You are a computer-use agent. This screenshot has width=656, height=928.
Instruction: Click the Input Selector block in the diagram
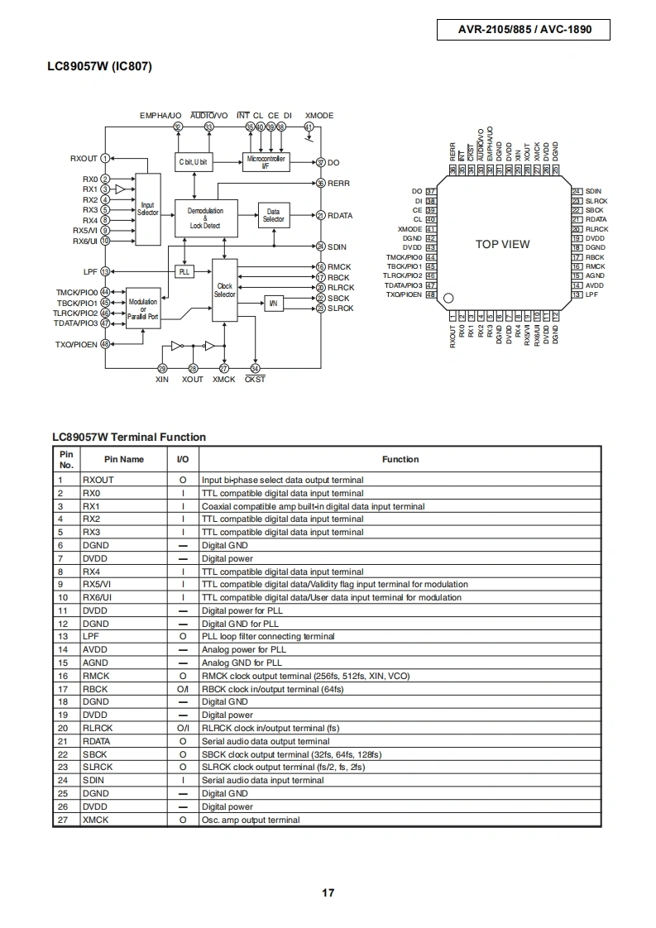coord(148,209)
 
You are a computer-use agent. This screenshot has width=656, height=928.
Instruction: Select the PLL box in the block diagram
coord(184,271)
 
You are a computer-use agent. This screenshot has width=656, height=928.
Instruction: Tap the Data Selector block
coord(273,215)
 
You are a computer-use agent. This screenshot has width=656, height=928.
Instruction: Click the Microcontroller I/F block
coord(266,162)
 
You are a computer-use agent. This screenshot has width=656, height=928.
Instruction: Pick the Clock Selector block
coord(224,290)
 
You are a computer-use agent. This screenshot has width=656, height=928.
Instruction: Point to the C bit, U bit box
coord(193,161)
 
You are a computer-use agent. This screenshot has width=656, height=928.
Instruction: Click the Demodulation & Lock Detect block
coord(205,218)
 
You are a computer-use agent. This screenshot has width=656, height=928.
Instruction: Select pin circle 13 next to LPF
coord(105,271)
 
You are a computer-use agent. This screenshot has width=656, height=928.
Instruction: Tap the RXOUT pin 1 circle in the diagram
coord(105,158)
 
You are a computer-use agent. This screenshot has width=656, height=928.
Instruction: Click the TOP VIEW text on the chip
coord(503,244)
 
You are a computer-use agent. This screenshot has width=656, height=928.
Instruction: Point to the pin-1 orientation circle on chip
coord(448,299)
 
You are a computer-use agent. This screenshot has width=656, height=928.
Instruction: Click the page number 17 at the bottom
coord(328,893)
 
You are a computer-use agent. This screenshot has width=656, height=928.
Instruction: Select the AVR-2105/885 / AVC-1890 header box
coord(524,30)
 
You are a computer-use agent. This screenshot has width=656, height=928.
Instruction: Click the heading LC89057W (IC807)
coord(99,66)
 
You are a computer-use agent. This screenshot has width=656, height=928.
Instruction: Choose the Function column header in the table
coord(400,459)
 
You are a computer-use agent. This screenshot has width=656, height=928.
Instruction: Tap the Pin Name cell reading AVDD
coord(95,650)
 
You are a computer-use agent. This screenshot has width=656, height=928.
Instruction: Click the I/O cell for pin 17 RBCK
coord(183,689)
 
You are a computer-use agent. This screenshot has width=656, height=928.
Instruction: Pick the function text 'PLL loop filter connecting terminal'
coord(268,637)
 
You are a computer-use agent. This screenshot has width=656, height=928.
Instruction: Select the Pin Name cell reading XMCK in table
coord(95,820)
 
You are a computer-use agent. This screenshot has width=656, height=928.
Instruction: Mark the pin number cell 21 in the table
coord(63,742)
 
